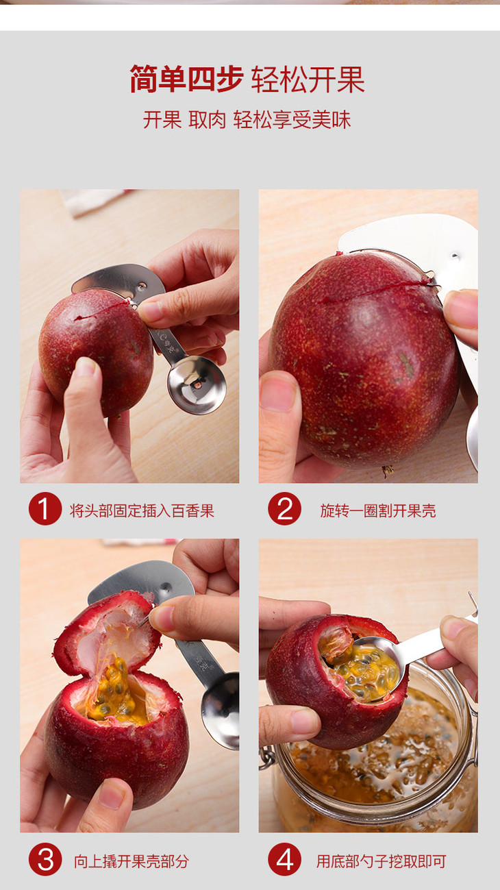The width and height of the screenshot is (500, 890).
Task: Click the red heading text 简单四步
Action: [x=186, y=79]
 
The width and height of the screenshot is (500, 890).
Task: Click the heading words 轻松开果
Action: [x=308, y=79]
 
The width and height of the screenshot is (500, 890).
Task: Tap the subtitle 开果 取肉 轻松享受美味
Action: [x=247, y=120]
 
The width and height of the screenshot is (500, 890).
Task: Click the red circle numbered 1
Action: [x=45, y=508]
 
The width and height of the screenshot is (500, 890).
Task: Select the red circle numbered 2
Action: [x=284, y=508]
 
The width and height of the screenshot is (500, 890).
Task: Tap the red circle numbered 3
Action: [x=45, y=859]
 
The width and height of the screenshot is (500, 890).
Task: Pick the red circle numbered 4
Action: [x=284, y=859]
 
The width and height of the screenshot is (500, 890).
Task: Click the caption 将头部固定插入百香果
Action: [x=142, y=510]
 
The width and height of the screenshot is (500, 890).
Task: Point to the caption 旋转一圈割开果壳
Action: [x=378, y=510]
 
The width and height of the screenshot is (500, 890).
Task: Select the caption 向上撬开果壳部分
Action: [x=131, y=861]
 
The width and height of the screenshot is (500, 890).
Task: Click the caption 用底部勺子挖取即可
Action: [x=382, y=861]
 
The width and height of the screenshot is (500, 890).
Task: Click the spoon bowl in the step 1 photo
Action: [x=197, y=384]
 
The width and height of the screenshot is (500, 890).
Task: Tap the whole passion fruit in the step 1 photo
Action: [x=96, y=351]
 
